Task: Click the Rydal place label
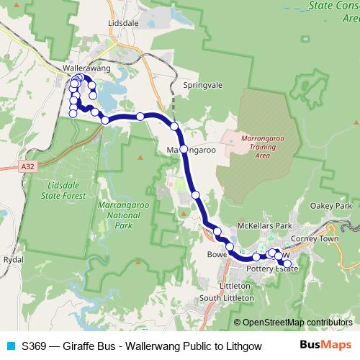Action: pos(13,259)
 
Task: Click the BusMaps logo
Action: pos(326,344)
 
